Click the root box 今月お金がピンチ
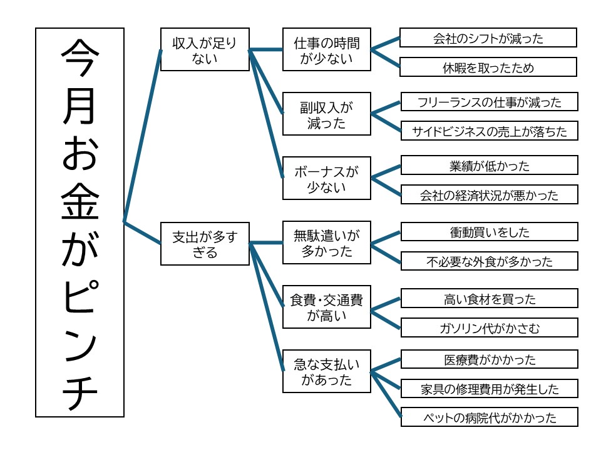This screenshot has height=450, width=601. point(80,222)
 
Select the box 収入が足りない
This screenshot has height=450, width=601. point(205,50)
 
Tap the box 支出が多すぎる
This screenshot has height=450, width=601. point(205,244)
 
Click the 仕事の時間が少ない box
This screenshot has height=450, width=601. point(326,50)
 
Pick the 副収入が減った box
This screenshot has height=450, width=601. point(326,114)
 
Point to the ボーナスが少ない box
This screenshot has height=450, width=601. point(326,178)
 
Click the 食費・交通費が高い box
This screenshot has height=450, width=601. point(326,307)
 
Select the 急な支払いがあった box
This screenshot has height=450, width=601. point(326,371)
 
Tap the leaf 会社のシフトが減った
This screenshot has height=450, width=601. point(488,38)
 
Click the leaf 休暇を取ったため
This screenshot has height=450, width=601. point(488,67)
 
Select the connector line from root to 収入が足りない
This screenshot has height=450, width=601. point(143,136)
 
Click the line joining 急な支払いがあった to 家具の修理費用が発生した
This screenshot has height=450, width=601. point(386,381)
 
